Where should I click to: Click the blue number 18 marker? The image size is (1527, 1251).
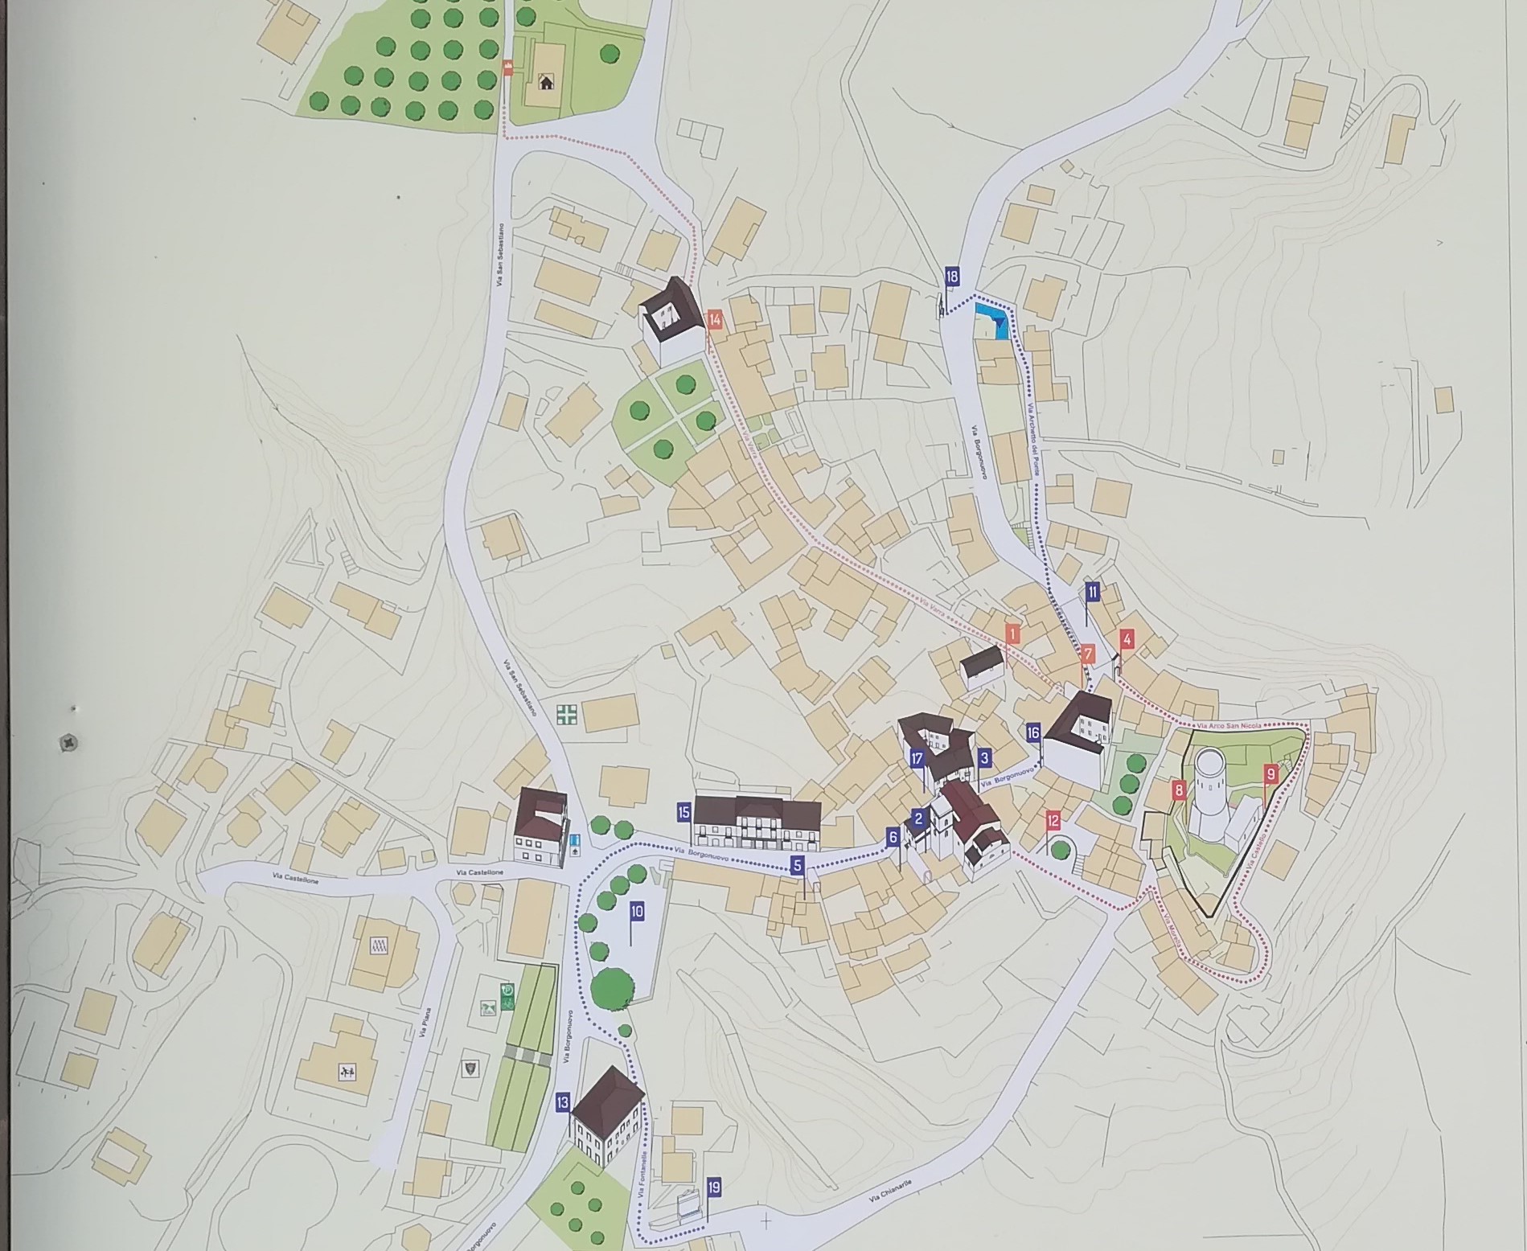[x=952, y=277]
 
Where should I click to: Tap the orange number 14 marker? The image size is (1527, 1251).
[x=715, y=319]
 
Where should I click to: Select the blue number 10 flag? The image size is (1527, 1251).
[x=637, y=911]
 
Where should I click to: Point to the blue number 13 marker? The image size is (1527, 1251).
[x=562, y=1102]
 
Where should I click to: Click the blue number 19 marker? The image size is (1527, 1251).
[x=714, y=1187]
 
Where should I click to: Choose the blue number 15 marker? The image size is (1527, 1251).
[x=683, y=812]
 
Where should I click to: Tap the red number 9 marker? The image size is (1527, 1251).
[x=1270, y=774]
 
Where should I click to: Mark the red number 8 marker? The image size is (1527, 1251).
[x=1179, y=790]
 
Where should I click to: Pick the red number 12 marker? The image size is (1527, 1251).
[x=1053, y=821]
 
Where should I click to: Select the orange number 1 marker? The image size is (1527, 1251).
[x=1012, y=634]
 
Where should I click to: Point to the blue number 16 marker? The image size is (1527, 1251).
[x=1033, y=732]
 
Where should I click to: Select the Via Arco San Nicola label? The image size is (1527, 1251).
[x=1229, y=724]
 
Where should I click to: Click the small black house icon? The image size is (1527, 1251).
[x=546, y=81]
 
